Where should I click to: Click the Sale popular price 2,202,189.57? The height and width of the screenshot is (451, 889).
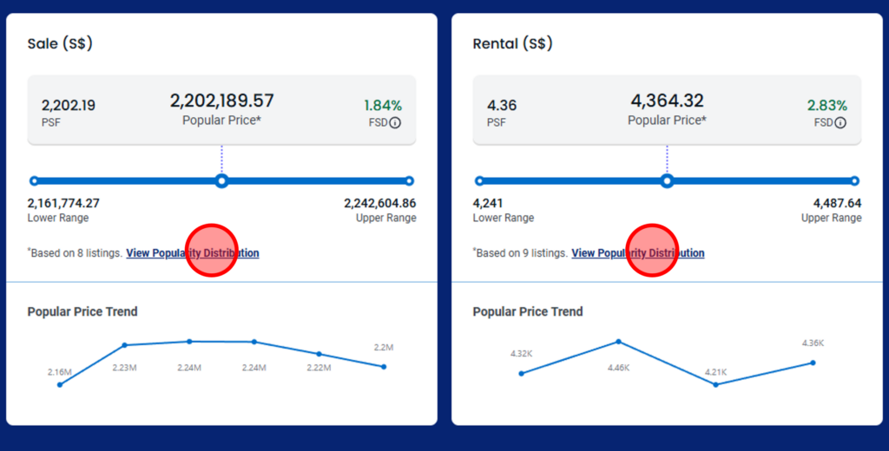coord(221,101)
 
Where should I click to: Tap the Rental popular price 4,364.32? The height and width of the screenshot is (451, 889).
coord(667,101)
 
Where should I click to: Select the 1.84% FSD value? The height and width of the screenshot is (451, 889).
coord(383,106)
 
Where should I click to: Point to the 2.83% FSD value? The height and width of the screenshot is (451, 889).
coord(827,106)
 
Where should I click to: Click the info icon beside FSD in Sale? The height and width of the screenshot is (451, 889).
coord(395,123)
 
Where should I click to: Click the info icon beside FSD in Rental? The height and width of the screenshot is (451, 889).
coord(840,123)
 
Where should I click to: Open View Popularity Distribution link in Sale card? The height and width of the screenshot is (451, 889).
coord(193,253)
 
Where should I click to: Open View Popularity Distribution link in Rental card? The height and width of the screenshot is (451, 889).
coord(638,253)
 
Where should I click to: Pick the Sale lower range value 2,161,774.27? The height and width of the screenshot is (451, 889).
coord(63,203)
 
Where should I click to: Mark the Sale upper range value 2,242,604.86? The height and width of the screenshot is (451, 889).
coord(379,203)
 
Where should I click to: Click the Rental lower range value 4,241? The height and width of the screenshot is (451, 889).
coord(488,203)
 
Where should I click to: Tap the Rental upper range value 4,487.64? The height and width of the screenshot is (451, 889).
coord(837,203)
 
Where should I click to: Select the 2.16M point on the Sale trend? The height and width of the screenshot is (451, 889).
coord(60,384)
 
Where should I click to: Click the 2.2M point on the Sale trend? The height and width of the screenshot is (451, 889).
coord(384,366)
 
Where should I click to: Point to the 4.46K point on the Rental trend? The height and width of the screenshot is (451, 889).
coord(619,342)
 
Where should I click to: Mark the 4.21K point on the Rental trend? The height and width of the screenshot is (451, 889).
coord(715,384)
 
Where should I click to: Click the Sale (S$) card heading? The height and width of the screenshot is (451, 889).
coord(60,43)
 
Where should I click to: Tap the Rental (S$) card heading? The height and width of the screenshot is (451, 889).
coord(512,43)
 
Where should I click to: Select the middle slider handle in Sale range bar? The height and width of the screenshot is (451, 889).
coord(222,181)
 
